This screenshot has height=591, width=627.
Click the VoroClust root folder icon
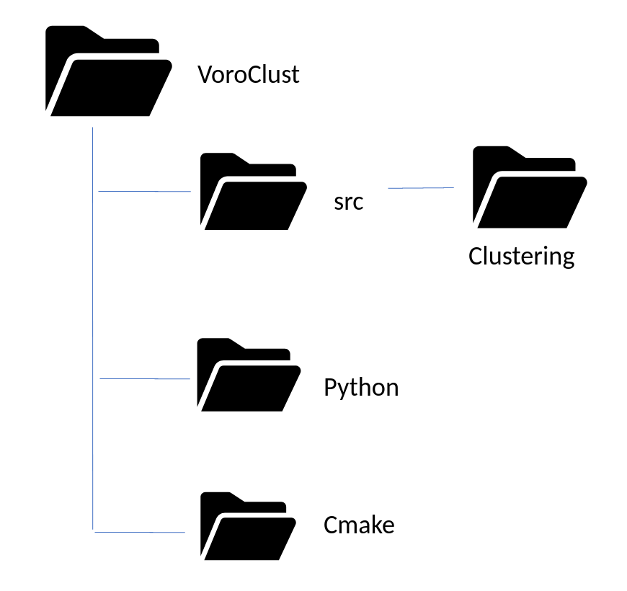pyautogui.click(x=108, y=72)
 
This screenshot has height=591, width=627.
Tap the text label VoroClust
pyautogui.click(x=249, y=75)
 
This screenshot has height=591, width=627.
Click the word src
pyautogui.click(x=349, y=202)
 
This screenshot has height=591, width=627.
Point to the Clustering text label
pyautogui.click(x=521, y=256)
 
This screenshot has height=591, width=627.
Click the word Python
pyautogui.click(x=361, y=388)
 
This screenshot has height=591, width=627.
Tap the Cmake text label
pyautogui.click(x=359, y=525)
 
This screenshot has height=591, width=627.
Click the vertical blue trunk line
pyautogui.click(x=93, y=324)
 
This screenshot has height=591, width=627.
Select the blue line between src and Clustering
pyautogui.click(x=421, y=188)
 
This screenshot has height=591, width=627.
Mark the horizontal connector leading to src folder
pyautogui.click(x=144, y=192)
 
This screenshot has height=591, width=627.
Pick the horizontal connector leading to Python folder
pyautogui.click(x=144, y=378)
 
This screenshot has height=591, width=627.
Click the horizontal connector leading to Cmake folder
pyautogui.click(x=140, y=533)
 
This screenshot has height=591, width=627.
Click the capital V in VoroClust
pyautogui.click(x=205, y=75)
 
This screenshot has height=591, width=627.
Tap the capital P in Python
pyautogui.click(x=330, y=388)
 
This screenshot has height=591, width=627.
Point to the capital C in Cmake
pyautogui.click(x=331, y=525)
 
